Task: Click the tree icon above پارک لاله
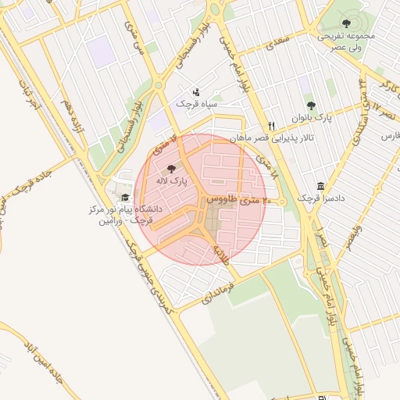point(172,169)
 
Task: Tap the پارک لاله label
point(173,181)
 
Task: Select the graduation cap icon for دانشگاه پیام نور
point(125,197)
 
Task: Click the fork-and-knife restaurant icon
point(271,126)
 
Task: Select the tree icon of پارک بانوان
point(311,105)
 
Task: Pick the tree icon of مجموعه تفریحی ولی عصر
point(347,24)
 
